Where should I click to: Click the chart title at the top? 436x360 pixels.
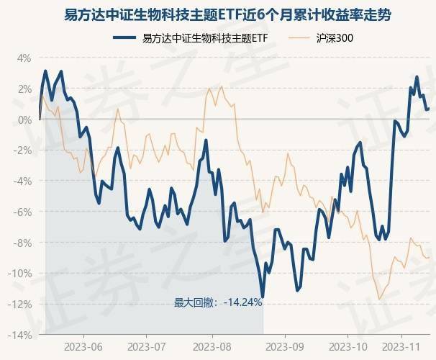[x=218, y=14]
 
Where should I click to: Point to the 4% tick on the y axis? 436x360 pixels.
[x=24, y=58]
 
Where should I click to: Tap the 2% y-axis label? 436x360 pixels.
[x=24, y=89]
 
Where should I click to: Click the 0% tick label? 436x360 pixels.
[x=24, y=120]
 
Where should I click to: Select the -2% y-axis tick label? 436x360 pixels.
[x=22, y=150]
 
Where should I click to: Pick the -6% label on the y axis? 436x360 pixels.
[x=22, y=212]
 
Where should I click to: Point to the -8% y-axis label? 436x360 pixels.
[x=22, y=243]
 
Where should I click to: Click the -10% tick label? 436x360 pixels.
[x=20, y=274]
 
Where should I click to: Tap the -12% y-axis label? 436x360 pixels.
[x=20, y=305]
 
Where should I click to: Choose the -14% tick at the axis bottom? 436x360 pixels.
[x=20, y=336]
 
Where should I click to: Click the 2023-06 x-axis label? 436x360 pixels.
[x=83, y=346]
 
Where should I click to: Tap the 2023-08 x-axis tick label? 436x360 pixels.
[x=213, y=346]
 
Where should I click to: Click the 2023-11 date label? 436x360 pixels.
[x=405, y=346]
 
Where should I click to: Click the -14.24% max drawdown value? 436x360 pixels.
[x=242, y=302]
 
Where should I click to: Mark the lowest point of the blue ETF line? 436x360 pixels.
[x=263, y=296]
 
